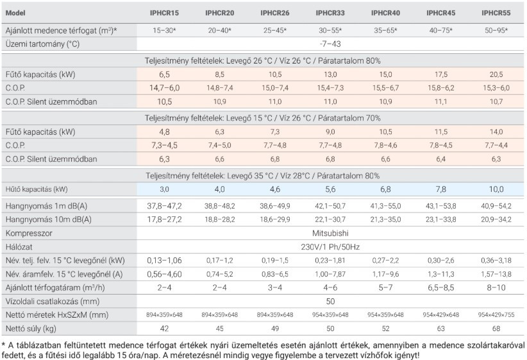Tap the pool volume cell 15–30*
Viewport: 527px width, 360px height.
coord(165,30)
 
